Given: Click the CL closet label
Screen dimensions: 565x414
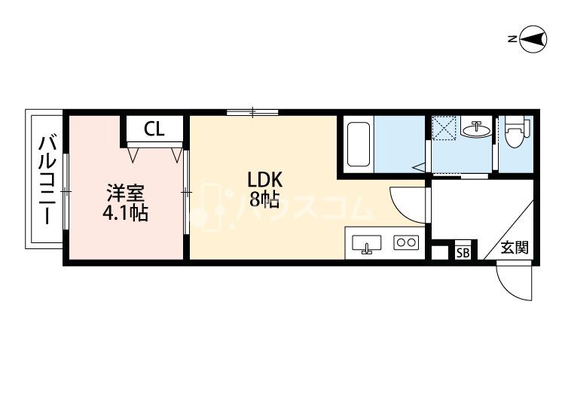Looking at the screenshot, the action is tap(154, 129).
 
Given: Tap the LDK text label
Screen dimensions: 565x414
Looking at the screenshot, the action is tap(264, 180).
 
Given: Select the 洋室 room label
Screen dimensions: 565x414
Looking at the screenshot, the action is tap(125, 193).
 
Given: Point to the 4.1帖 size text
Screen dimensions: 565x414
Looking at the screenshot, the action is tap(125, 213).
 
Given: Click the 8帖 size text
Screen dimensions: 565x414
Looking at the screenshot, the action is tap(264, 199).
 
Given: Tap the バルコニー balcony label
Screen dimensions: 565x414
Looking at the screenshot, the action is tap(47, 180).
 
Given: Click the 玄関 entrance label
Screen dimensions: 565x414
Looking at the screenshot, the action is tap(515, 248).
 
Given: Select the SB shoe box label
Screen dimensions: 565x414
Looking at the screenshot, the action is tap(463, 253).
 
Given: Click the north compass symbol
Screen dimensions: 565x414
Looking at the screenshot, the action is tap(533, 39).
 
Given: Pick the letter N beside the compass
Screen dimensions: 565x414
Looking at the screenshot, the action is tap(512, 39).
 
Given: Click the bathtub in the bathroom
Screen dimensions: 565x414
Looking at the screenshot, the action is tap(359, 145).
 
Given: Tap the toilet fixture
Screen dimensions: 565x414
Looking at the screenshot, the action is tap(518, 131).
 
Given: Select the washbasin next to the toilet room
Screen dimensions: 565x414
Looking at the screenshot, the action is tap(476, 129).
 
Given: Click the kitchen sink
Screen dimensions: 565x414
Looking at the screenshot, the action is tap(366, 244).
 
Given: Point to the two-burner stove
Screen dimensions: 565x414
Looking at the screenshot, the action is tap(407, 242).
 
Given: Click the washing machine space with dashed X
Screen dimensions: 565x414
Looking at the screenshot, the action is tap(444, 127).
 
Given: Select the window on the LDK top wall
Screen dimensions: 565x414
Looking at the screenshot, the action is tap(252, 113).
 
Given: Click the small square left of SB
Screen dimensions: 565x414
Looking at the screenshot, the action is tap(438, 253).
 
